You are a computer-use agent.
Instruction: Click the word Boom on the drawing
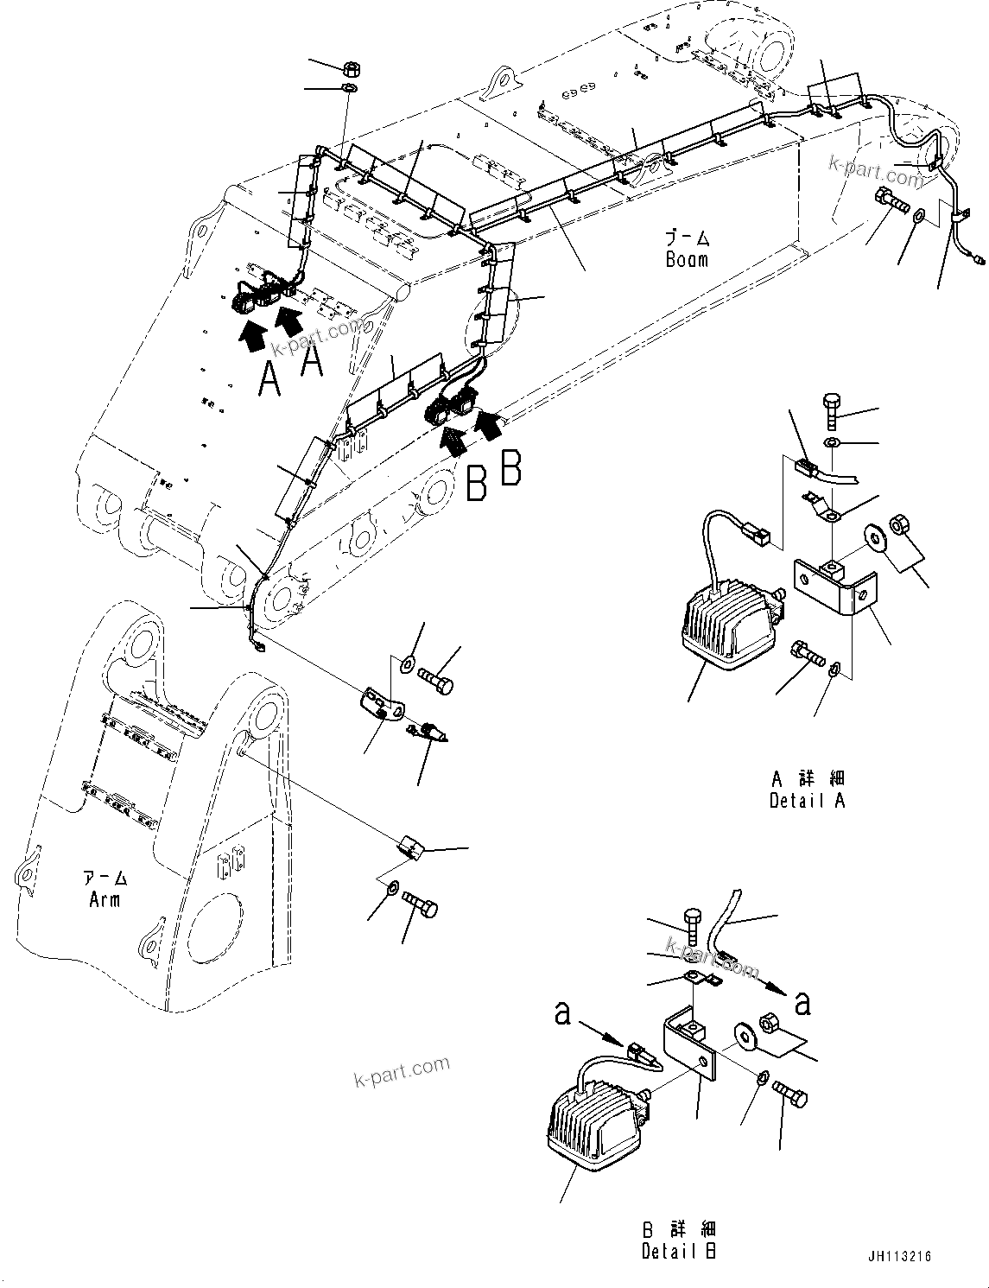[687, 258]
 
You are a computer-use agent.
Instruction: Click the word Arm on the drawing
[105, 899]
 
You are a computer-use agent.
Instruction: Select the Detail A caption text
[807, 801]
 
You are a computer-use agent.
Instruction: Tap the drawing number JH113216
[896, 1257]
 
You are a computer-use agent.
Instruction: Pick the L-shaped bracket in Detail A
[834, 587]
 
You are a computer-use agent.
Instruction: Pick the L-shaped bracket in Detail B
[691, 1050]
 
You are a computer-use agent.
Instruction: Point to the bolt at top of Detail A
[830, 409]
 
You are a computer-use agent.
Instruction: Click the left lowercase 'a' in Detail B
[563, 1013]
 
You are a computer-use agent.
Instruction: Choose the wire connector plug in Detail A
[804, 469]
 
